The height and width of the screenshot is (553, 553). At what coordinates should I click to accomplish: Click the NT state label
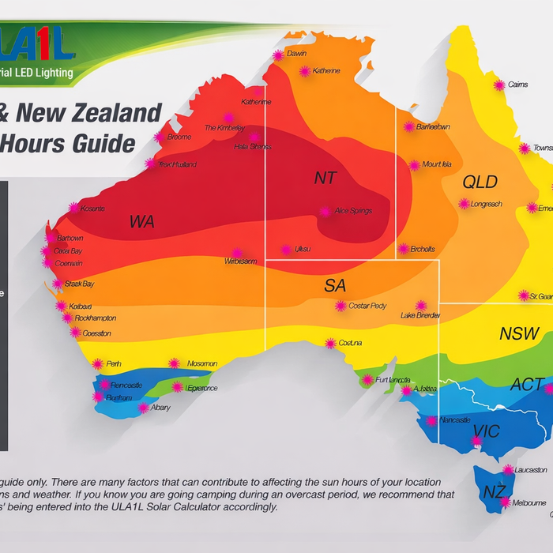tap(325, 179)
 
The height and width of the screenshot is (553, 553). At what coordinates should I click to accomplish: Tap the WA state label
tap(142, 222)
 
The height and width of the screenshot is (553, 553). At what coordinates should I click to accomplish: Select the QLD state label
tap(480, 182)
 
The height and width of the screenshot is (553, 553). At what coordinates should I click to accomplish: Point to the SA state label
tap(335, 286)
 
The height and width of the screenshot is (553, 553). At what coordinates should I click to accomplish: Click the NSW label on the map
tap(519, 333)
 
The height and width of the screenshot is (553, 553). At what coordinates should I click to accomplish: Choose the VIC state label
tap(486, 432)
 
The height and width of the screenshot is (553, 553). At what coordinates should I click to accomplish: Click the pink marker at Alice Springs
tap(325, 212)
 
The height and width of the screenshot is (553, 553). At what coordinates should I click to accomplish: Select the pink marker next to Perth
tap(98, 364)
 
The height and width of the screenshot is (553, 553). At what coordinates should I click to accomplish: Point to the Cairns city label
tap(517, 85)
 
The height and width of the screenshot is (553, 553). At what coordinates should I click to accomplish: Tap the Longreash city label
tap(485, 204)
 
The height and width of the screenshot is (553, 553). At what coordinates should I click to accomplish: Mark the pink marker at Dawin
tap(278, 55)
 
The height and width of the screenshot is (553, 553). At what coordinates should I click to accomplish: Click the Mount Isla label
tap(436, 165)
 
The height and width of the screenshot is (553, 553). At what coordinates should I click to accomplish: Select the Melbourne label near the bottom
tap(529, 502)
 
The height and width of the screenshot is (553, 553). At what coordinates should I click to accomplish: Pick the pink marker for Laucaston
tap(508, 469)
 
